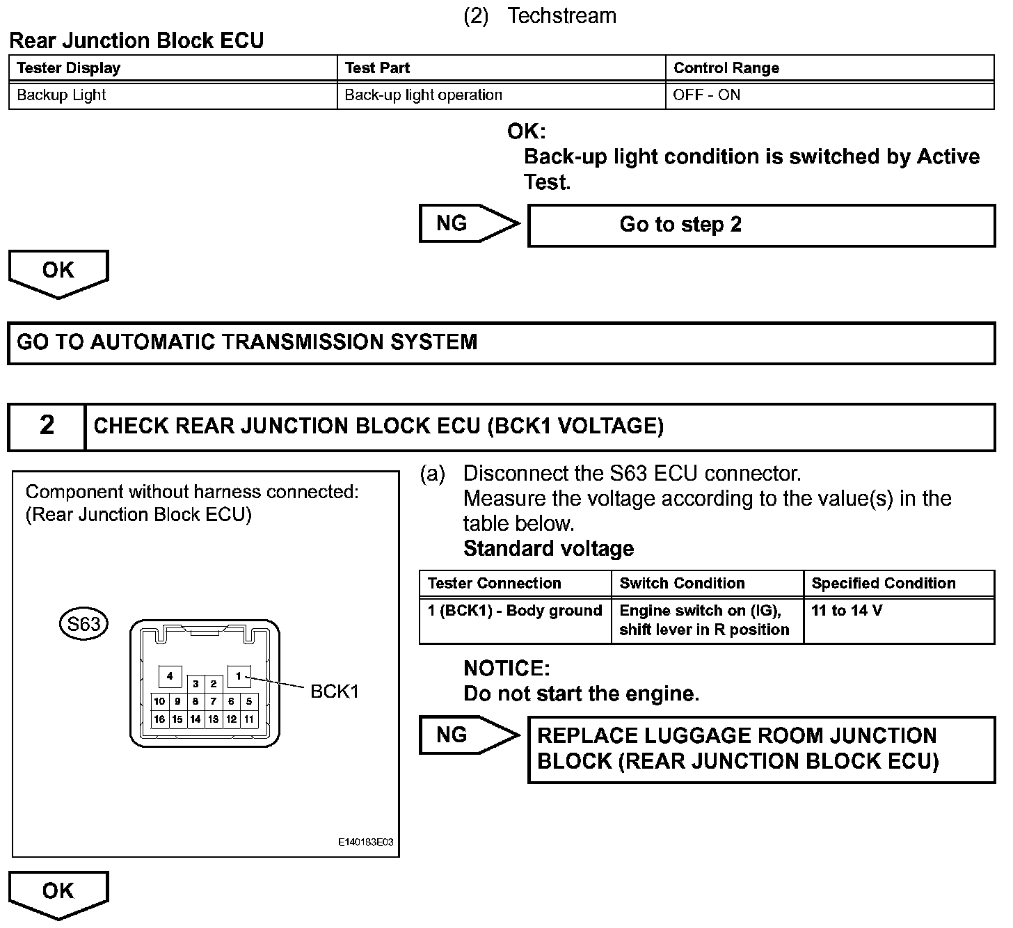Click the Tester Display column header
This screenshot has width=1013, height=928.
pyautogui.click(x=68, y=68)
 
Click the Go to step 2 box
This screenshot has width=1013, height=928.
pyautogui.click(x=761, y=225)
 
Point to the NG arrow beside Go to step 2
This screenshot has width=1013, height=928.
pyautogui.click(x=468, y=223)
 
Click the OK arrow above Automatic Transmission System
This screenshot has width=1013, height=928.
pyautogui.click(x=58, y=273)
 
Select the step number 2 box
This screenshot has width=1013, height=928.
pyautogui.click(x=47, y=426)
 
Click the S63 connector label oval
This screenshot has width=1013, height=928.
pyautogui.click(x=83, y=623)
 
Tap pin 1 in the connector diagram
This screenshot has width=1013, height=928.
pyautogui.click(x=239, y=675)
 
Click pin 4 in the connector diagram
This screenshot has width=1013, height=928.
pyautogui.click(x=170, y=675)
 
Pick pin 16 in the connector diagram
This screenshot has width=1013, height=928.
pyautogui.click(x=159, y=719)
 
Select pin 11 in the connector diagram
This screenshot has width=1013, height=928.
pyautogui.click(x=249, y=719)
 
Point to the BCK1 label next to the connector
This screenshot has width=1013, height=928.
pyautogui.click(x=334, y=691)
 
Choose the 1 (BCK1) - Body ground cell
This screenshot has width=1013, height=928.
pyautogui.click(x=515, y=611)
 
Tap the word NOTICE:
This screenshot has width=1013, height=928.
pyautogui.click(x=506, y=669)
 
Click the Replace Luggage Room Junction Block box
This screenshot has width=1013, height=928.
pyautogui.click(x=761, y=749)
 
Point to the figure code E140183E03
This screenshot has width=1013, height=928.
pyautogui.click(x=365, y=842)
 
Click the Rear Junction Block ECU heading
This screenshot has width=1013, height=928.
pyautogui.click(x=136, y=40)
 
